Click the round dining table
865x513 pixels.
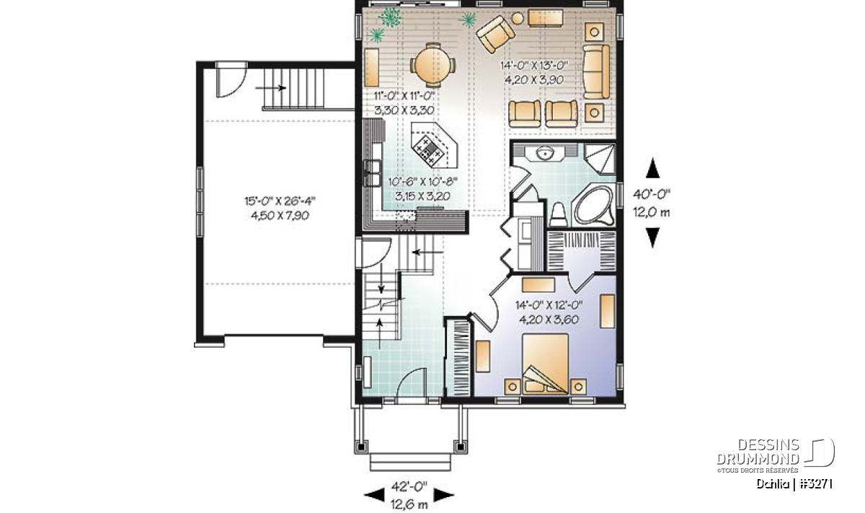432,65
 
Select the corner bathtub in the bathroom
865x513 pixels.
594,206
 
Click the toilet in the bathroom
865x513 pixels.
558,215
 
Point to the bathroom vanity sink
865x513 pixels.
545,152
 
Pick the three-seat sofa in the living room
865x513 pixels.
596,71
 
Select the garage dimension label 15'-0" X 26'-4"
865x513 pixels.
280,201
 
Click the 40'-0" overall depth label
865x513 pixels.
652,194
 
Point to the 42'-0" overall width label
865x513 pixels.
409,486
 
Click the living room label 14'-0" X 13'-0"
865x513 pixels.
533,66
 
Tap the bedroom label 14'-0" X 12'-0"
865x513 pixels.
549,305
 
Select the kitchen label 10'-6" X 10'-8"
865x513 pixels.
422,181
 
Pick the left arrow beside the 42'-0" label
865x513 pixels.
374,495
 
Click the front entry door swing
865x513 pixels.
412,382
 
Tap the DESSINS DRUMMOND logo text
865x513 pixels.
758,452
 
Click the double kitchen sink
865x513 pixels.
372,174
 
